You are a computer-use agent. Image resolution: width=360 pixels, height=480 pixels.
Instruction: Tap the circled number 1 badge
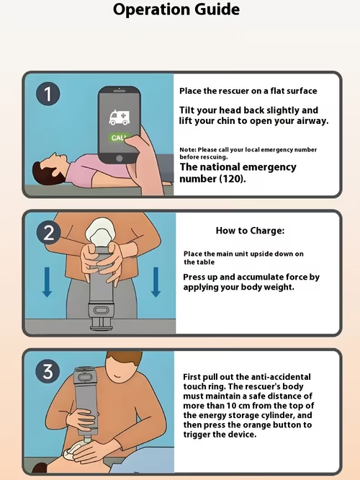[48, 94]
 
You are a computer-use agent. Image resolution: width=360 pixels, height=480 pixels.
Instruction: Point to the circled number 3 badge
[48, 371]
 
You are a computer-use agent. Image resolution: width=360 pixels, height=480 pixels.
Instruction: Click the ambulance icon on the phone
[120, 117]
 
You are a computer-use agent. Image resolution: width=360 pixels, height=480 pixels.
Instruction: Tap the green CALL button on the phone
[118, 138]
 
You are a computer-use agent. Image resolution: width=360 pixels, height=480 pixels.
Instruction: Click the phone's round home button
[120, 159]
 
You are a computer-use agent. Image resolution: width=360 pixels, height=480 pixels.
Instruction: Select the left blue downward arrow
[47, 282]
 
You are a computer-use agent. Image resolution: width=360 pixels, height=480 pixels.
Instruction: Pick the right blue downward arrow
[156, 282]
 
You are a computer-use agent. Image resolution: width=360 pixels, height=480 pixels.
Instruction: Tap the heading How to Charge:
[250, 231]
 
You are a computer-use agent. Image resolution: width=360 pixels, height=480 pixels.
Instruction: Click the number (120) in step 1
[232, 179]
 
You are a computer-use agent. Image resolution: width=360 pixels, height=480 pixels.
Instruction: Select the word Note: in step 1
[188, 150]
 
